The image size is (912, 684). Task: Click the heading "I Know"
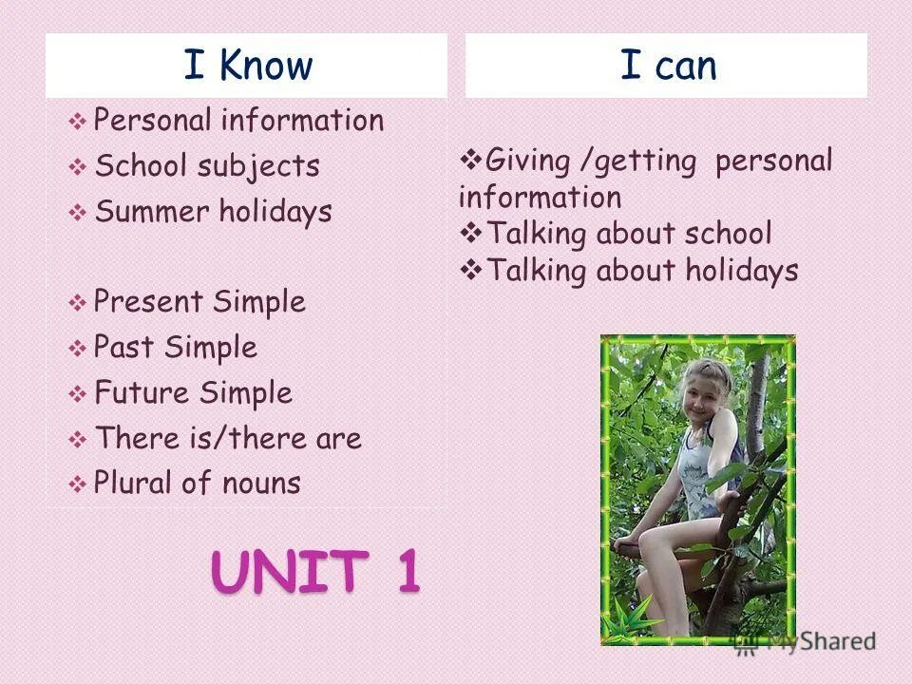point(247,66)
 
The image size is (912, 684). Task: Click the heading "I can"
point(668,66)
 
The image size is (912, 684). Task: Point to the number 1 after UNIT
point(405,573)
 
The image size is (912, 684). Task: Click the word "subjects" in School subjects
point(258,166)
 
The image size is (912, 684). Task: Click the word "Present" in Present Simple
point(148,302)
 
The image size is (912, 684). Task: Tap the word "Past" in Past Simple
point(123,347)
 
